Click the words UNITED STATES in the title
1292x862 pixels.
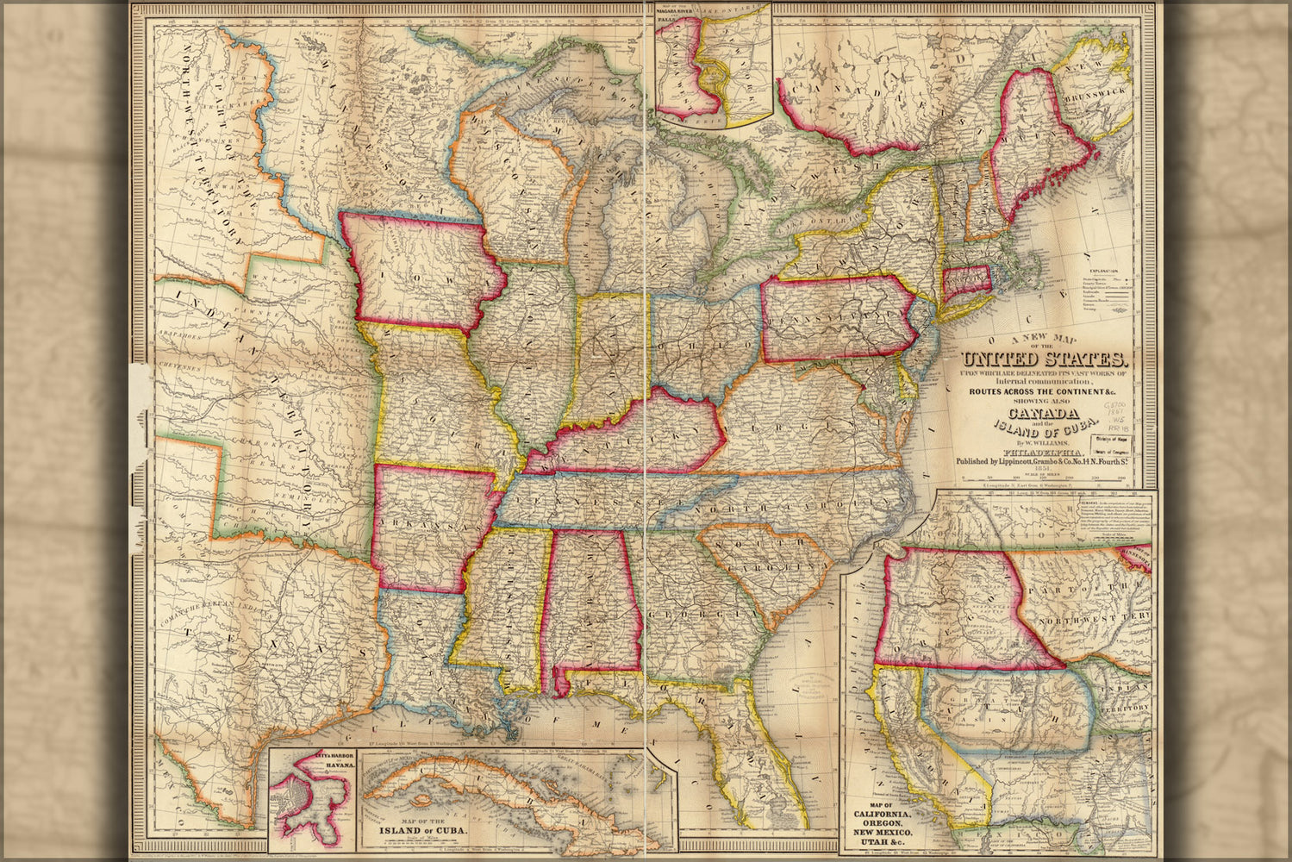pyautogui.click(x=1045, y=359)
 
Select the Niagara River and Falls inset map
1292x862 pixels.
pyautogui.click(x=713, y=65)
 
